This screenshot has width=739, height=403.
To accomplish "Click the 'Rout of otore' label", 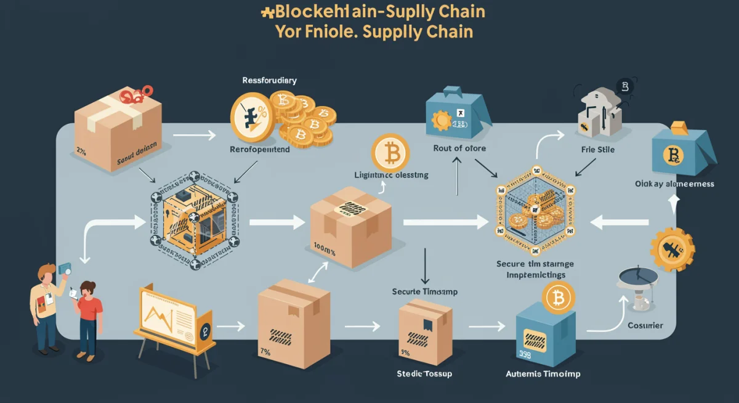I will (x=459, y=148).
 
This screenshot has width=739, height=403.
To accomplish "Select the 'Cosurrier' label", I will (x=645, y=325).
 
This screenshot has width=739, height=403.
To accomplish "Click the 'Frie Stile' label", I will (x=596, y=150).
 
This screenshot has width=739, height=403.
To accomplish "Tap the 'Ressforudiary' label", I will (x=270, y=81).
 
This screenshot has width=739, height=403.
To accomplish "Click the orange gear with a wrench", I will (x=672, y=249).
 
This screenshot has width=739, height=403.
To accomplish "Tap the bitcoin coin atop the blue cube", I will (x=558, y=300).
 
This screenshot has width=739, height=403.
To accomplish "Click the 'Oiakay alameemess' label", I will (x=674, y=184).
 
